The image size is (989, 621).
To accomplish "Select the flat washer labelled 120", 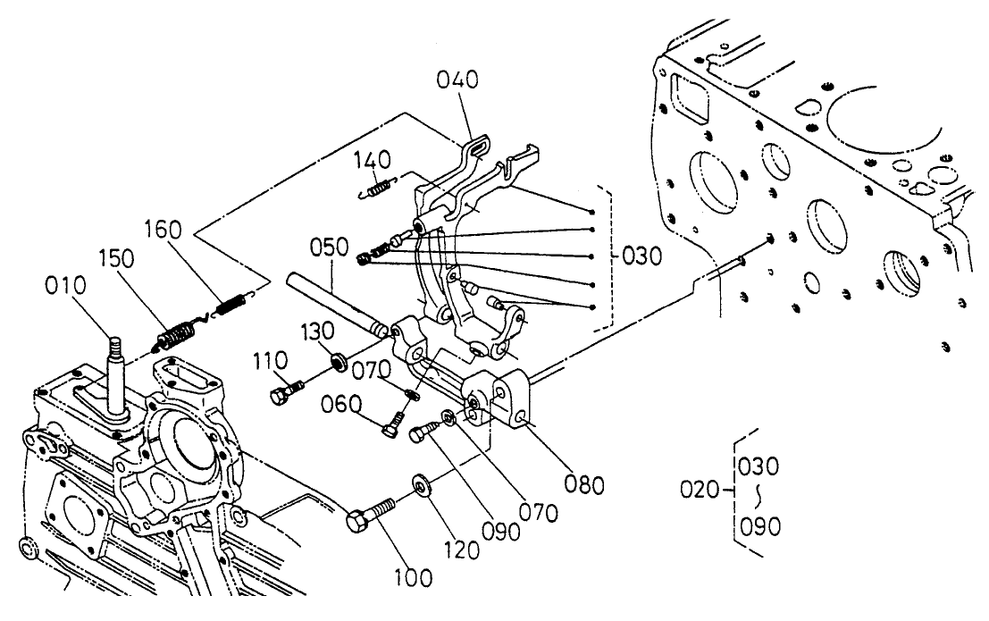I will (x=420, y=485).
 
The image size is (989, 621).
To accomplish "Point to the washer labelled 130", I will (x=339, y=362).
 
